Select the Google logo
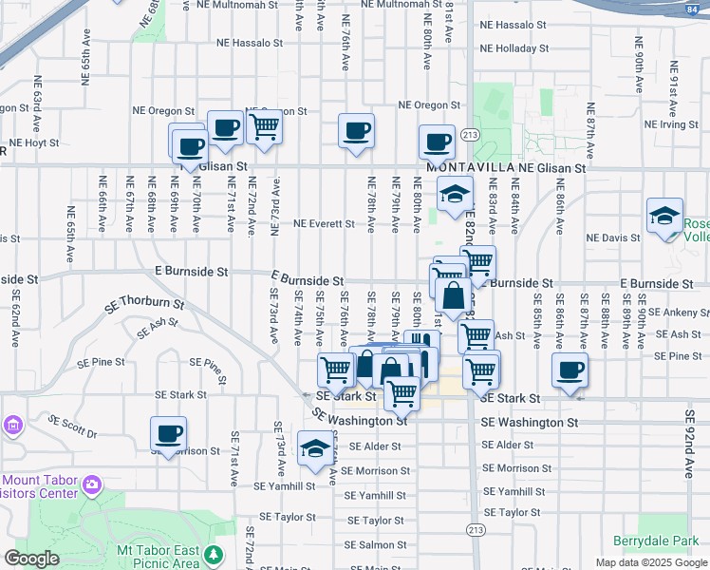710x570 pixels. [31, 559]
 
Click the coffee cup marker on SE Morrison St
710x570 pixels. [169, 434]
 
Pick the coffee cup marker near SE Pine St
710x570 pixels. [570, 370]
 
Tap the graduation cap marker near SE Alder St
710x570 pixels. [315, 448]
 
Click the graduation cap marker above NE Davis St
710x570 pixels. [664, 216]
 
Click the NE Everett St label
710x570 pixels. [324, 224]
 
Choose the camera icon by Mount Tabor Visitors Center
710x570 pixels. [91, 485]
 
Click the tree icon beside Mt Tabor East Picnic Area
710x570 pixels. [215, 554]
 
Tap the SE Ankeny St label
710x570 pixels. [680, 313]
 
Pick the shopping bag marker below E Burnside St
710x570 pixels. [454, 298]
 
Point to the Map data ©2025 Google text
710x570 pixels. [650, 561]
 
